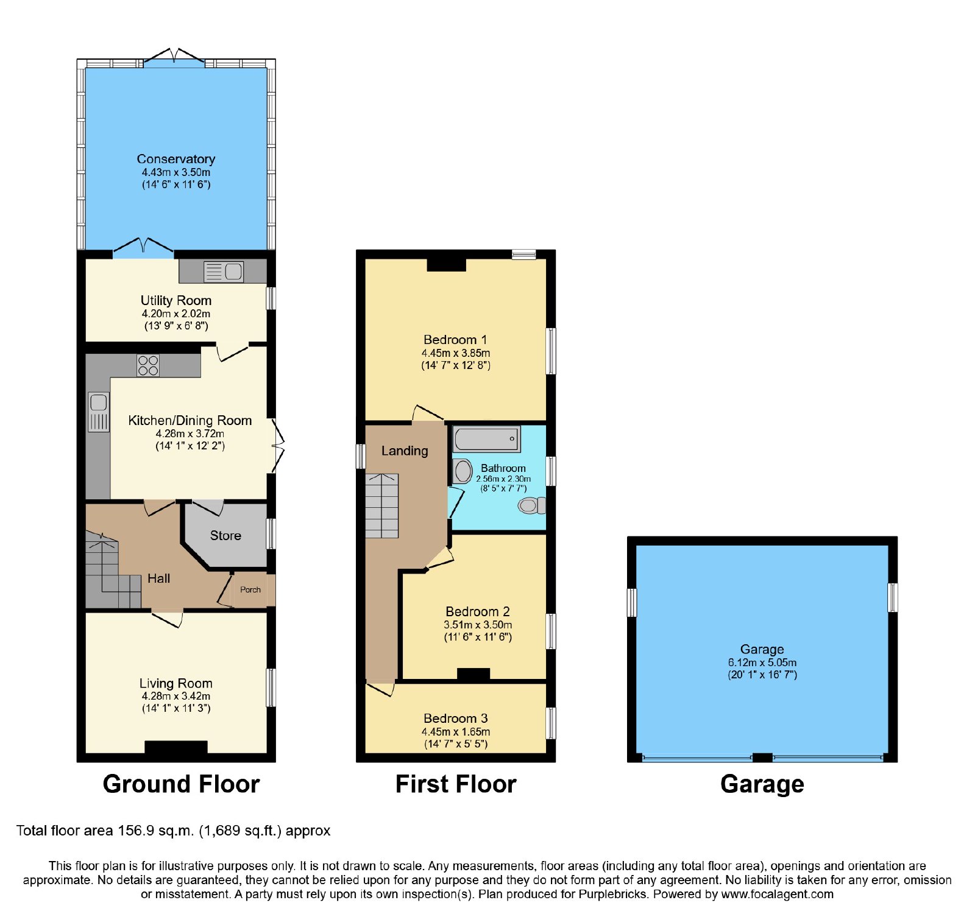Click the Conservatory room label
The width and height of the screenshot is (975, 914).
pyautogui.click(x=175, y=159)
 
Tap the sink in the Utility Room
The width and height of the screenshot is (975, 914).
pyautogui.click(x=223, y=271)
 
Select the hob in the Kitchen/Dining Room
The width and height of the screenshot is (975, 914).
pyautogui.click(x=148, y=365)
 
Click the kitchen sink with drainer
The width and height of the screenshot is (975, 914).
pyautogui.click(x=99, y=412)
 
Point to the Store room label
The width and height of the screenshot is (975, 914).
pyautogui.click(x=225, y=535)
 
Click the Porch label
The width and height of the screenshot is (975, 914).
pyautogui.click(x=250, y=589)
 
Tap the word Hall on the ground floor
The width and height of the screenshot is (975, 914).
pyautogui.click(x=158, y=578)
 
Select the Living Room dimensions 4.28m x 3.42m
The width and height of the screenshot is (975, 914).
pyautogui.click(x=176, y=696)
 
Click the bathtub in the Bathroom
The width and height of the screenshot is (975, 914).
pyautogui.click(x=486, y=438)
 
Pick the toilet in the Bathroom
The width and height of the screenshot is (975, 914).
pyautogui.click(x=532, y=505)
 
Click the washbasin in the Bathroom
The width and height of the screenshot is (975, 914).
pyautogui.click(x=463, y=471)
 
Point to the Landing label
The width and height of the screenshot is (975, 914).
pyautogui.click(x=405, y=451)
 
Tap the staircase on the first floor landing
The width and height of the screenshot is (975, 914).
pyautogui.click(x=381, y=505)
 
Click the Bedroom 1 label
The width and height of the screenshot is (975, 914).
pyautogui.click(x=455, y=340)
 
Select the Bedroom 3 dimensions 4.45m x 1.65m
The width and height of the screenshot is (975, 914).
pyautogui.click(x=456, y=731)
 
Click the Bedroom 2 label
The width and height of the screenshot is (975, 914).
pyautogui.click(x=478, y=611)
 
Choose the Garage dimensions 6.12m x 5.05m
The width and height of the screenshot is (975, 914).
pyautogui.click(x=762, y=663)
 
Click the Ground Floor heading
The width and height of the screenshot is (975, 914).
pyautogui.click(x=181, y=784)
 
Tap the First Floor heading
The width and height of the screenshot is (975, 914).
pyautogui.click(x=456, y=784)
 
